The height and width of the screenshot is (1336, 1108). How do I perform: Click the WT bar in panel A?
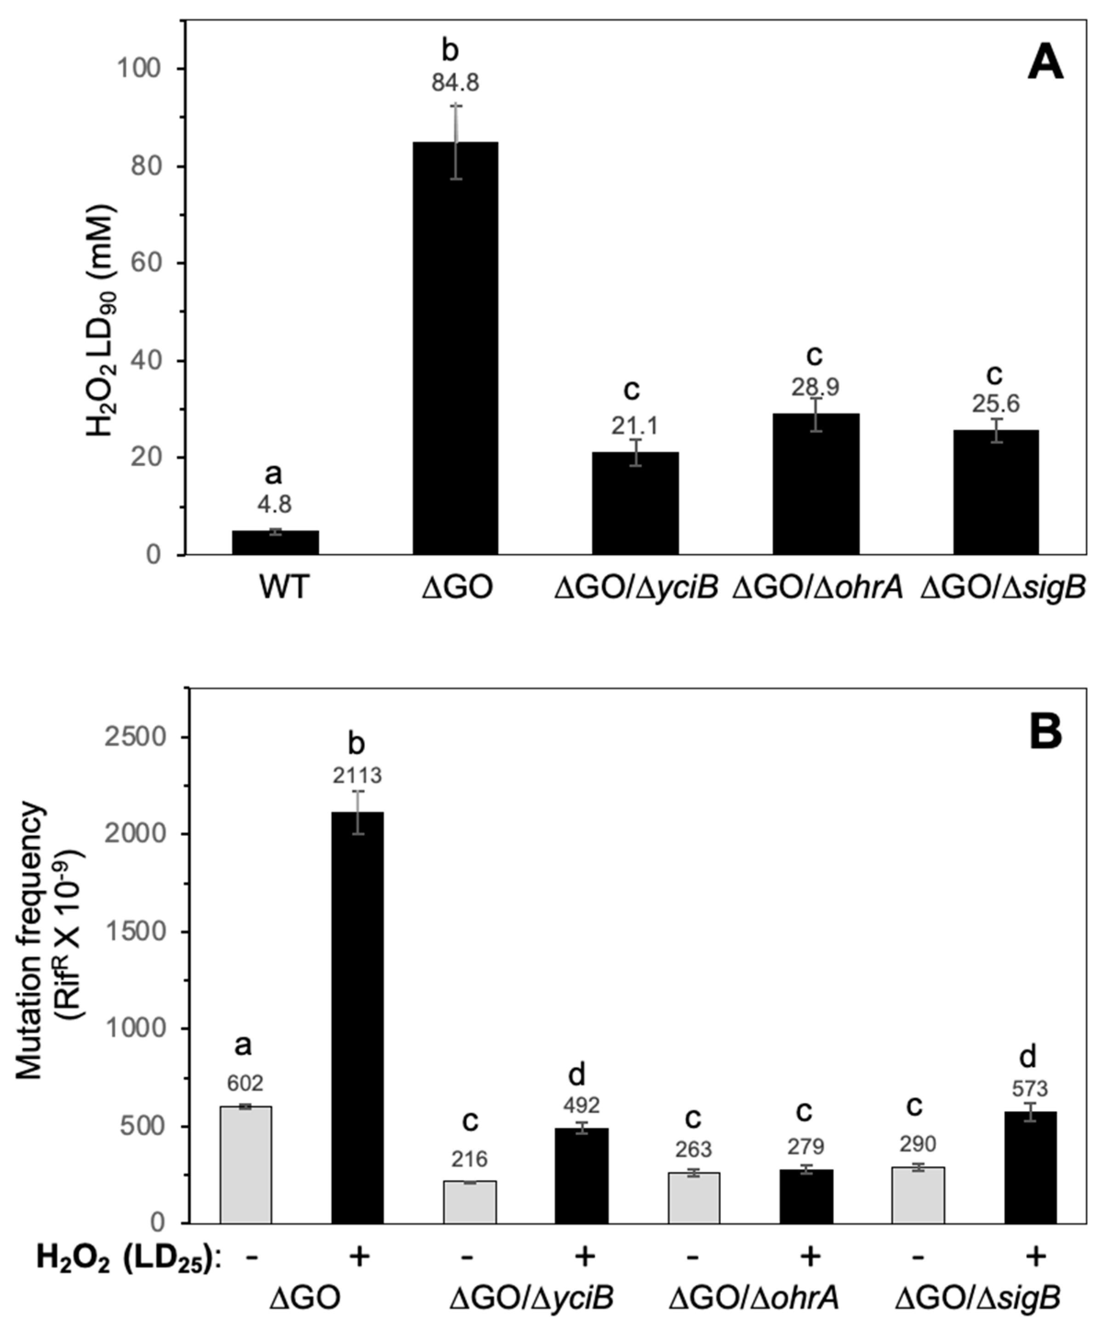click(275, 543)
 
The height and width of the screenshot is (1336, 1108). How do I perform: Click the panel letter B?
click(1045, 732)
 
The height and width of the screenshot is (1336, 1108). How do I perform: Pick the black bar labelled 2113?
click(358, 1018)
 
